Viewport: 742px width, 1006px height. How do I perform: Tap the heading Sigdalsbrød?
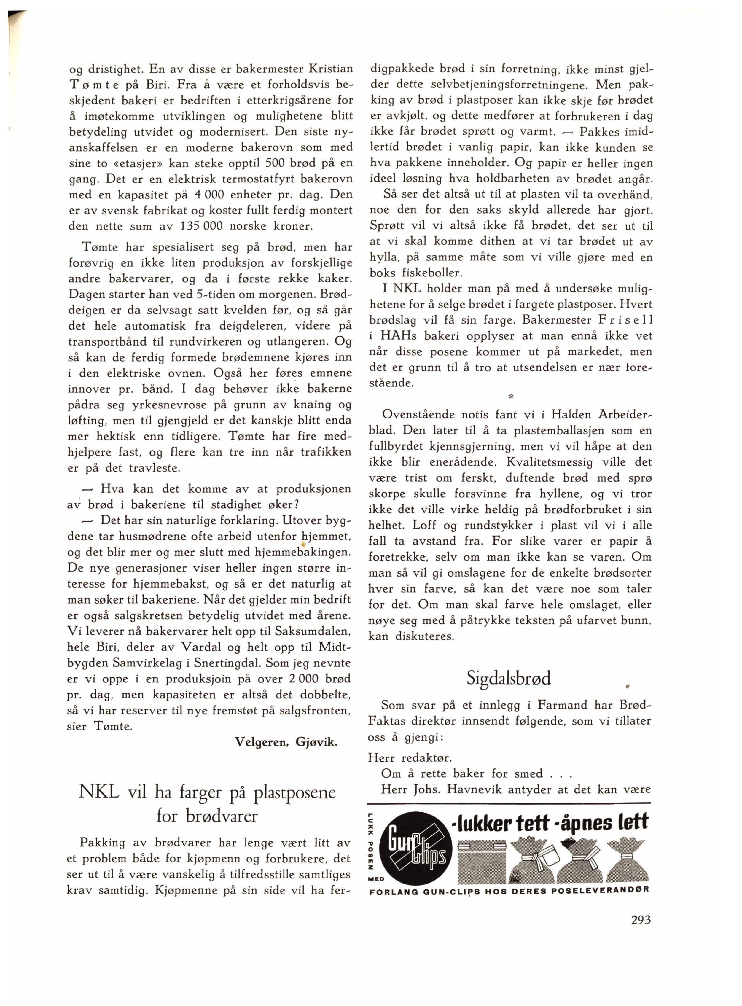click(x=508, y=678)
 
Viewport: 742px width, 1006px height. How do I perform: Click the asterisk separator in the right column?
click(x=510, y=397)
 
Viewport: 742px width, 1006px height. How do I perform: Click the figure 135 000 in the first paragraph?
click(x=201, y=226)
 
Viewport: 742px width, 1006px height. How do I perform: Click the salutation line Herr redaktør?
click(x=410, y=758)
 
